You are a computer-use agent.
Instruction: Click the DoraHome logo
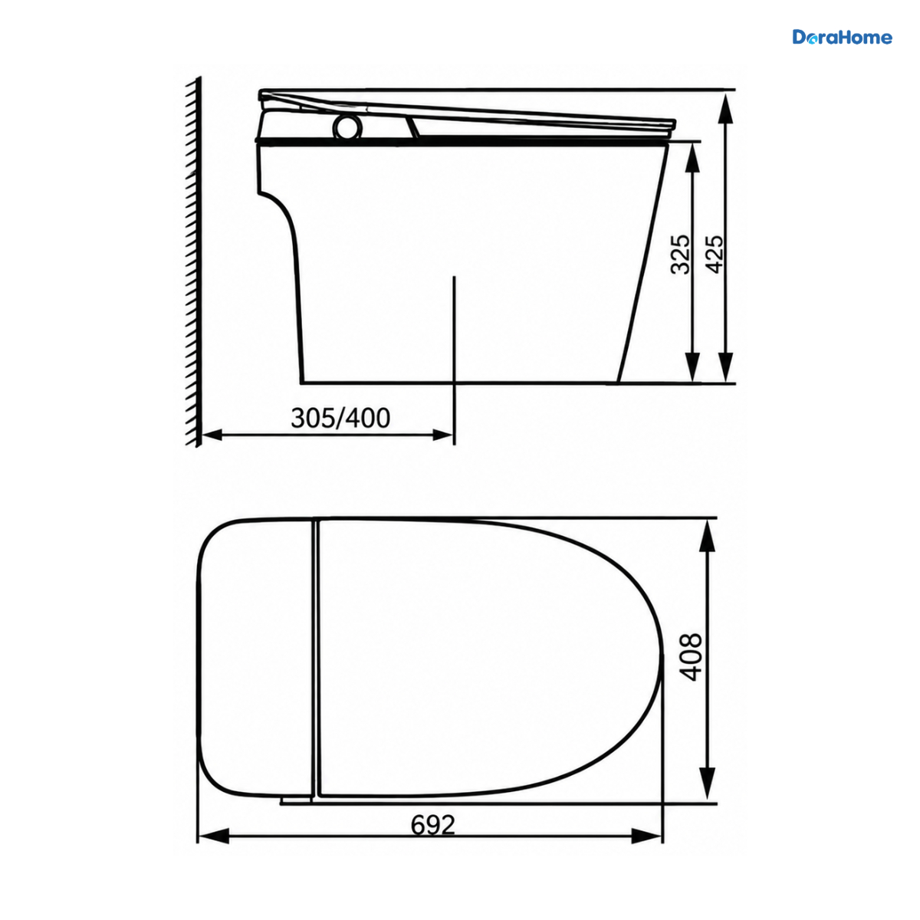point(842,38)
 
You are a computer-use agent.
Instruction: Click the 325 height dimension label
point(680,254)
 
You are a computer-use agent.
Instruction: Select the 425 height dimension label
point(715,254)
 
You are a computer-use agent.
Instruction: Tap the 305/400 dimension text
point(340,418)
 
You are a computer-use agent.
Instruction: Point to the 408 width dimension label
point(691,656)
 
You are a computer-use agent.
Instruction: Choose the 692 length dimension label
point(433,824)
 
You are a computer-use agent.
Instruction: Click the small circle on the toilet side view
point(347,127)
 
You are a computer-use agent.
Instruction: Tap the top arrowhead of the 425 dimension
point(726,108)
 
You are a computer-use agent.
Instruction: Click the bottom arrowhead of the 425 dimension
point(726,366)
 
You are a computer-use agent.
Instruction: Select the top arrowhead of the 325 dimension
point(692,158)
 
